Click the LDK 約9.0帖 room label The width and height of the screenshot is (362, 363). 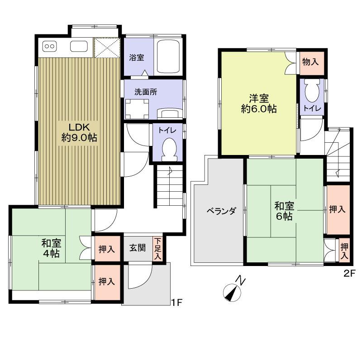tap(79, 132)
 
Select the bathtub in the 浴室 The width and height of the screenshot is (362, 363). tap(168, 57)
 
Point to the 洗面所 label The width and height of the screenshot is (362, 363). tap(146, 91)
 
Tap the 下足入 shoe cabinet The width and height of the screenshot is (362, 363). tap(157, 249)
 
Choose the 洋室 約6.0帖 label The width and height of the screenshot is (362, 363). tap(258, 103)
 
